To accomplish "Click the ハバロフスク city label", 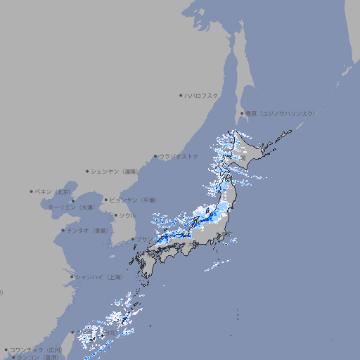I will (x=202, y=95).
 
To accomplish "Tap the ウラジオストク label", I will (x=179, y=156).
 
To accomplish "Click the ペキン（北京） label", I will (x=54, y=191).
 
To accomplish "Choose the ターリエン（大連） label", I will (x=71, y=208).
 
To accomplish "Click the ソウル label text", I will (x=127, y=215).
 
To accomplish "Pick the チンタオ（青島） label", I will (x=87, y=230).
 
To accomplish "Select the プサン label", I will (x=143, y=240).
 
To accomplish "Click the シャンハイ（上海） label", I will (x=98, y=277).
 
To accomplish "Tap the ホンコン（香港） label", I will (x=38, y=357).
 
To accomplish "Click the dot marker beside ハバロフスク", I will (x=181, y=95).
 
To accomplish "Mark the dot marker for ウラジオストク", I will (x=155, y=156).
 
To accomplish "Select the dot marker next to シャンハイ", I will (x=72, y=277).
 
